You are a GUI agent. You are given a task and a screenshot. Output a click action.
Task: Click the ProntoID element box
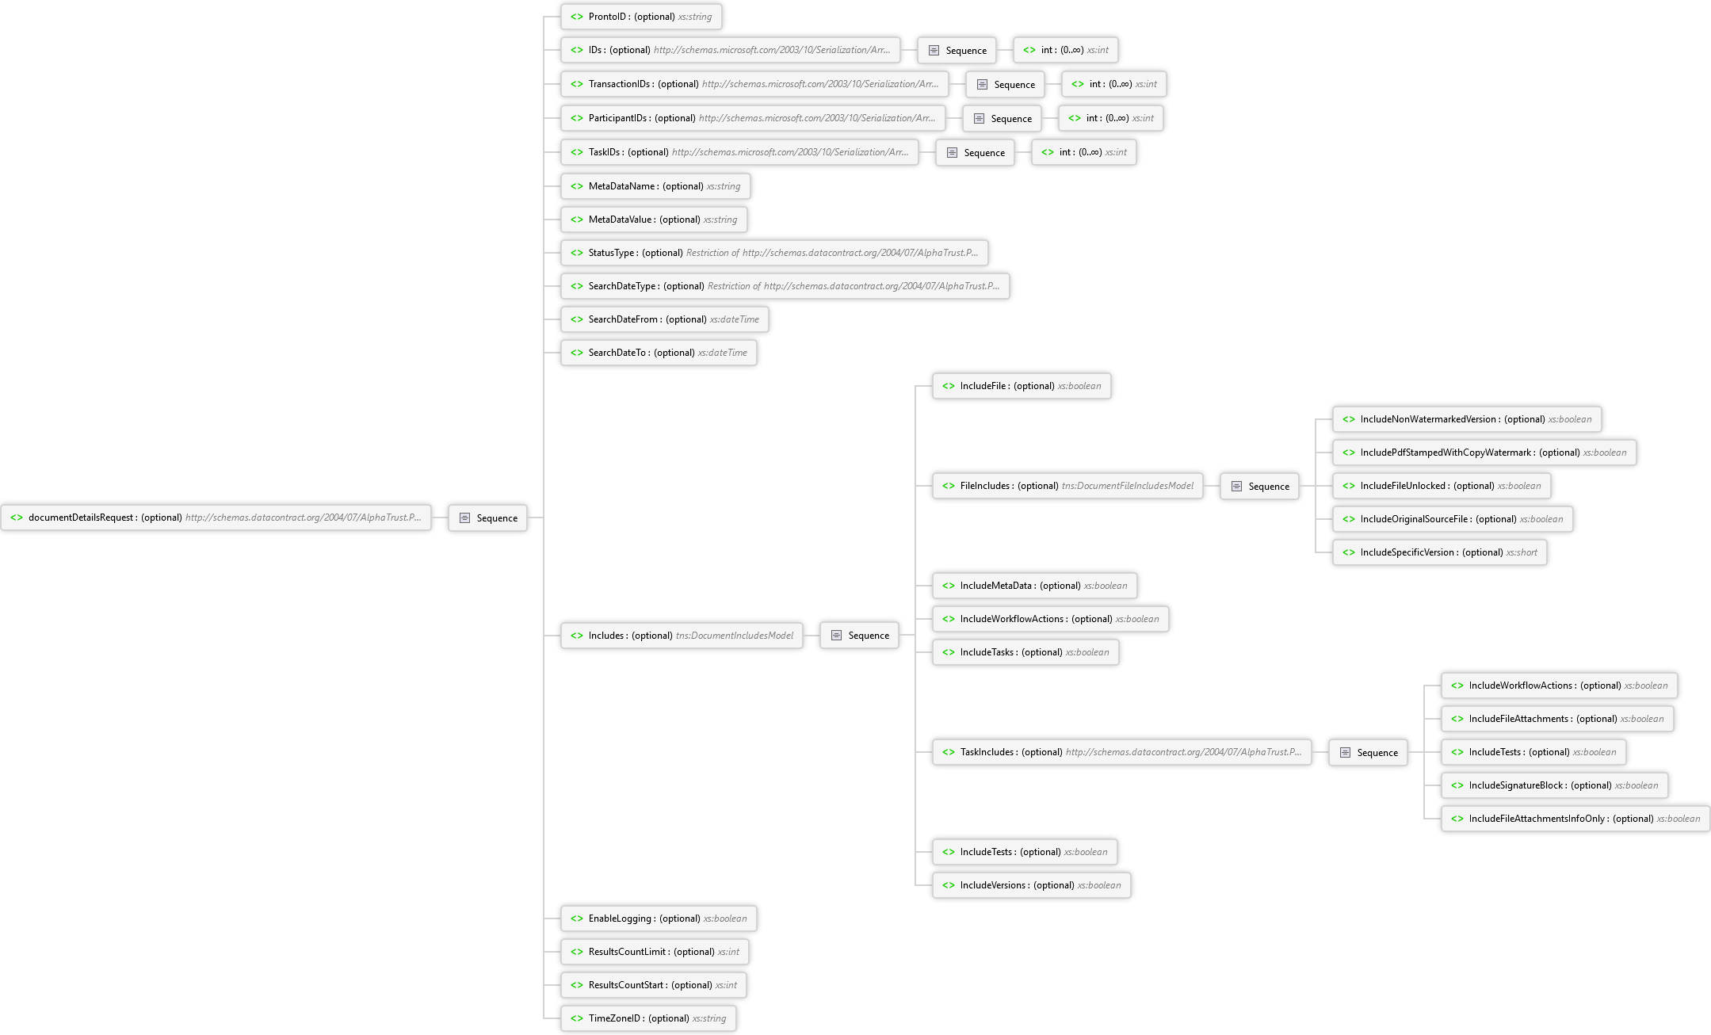click(x=641, y=17)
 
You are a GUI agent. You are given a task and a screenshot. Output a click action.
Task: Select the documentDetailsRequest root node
click(x=216, y=517)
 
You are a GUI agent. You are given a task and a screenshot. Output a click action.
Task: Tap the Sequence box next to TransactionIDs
click(x=1005, y=84)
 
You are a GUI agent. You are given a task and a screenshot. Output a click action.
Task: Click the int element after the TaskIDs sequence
click(x=1083, y=152)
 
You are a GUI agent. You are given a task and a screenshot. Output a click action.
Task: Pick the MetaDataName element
click(x=655, y=186)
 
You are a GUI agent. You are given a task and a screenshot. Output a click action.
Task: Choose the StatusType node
click(x=774, y=253)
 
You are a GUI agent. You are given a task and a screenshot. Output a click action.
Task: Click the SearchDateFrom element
click(x=664, y=319)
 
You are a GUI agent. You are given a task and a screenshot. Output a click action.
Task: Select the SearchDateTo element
click(x=659, y=353)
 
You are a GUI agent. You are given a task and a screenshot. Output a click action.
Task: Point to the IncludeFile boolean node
click(x=1021, y=386)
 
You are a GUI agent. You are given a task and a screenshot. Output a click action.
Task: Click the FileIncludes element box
click(x=1067, y=486)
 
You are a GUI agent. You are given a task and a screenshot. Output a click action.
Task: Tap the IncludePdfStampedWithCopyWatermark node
click(x=1484, y=453)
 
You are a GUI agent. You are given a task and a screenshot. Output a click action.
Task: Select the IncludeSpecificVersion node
click(x=1439, y=552)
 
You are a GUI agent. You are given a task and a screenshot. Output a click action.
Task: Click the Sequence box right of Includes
click(x=859, y=635)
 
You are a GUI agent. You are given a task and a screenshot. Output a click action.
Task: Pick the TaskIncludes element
click(x=1121, y=752)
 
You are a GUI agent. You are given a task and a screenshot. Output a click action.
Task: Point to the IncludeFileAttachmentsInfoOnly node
click(x=1575, y=819)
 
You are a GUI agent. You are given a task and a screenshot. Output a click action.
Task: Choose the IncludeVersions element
click(x=1031, y=885)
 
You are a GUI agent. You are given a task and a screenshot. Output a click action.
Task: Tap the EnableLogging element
click(x=659, y=919)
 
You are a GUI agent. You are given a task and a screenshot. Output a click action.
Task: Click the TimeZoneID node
click(x=648, y=1018)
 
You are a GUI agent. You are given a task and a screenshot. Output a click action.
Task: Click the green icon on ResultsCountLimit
click(x=577, y=952)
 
